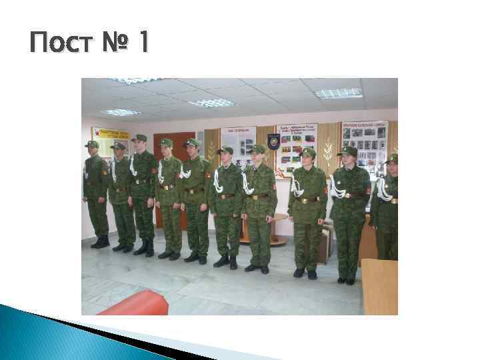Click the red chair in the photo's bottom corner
coord(133,303)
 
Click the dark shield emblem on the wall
coord(273,141)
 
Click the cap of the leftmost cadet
coord(92,143)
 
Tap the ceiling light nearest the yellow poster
coord(121,112)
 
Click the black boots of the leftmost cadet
coord(101,242)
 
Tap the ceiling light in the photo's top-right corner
coord(338,93)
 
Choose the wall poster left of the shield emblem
coord(238,143)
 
